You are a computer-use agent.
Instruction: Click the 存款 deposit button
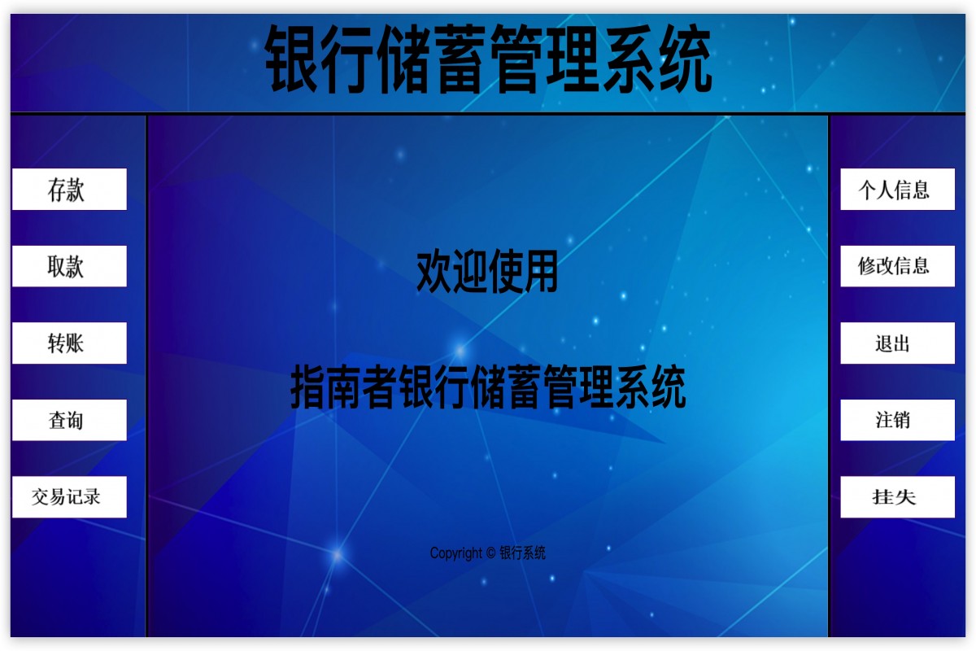pos(69,190)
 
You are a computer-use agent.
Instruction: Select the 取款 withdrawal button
pos(69,266)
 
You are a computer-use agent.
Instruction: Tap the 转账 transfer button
pos(69,343)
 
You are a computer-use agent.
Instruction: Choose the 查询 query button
pos(69,420)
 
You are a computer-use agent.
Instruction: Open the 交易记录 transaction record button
pos(69,497)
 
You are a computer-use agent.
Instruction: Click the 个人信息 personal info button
pos(897,190)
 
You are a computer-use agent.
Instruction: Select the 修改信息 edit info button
pos(897,266)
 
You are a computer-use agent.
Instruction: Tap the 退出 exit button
pos(897,343)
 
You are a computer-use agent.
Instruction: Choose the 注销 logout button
pos(897,420)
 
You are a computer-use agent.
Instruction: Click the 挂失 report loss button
pos(897,497)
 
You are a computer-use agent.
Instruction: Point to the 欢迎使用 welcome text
pos(487,272)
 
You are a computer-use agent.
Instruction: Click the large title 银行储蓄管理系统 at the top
pos(489,59)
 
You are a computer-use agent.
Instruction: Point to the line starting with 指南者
pos(488,387)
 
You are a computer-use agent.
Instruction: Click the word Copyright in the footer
pos(456,553)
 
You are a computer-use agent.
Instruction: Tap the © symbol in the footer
pos(490,553)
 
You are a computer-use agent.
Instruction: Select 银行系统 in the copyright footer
pos(522,553)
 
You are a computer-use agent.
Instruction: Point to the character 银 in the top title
pos(294,59)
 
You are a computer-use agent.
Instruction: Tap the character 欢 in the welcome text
pos(434,272)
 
